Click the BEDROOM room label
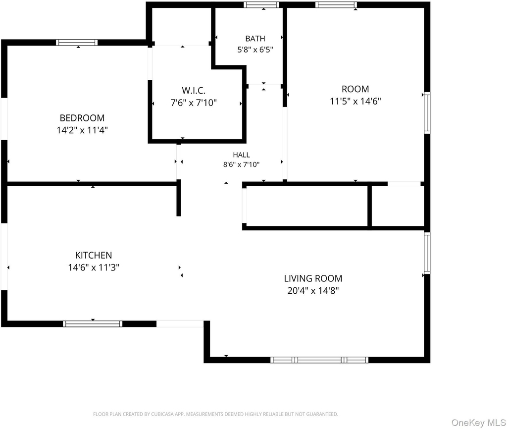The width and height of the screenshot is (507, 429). pyautogui.click(x=82, y=118)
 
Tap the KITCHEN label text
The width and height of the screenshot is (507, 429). pyautogui.click(x=94, y=255)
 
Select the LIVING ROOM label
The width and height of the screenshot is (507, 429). pyautogui.click(x=313, y=278)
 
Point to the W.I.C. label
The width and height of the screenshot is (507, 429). pyautogui.click(x=194, y=90)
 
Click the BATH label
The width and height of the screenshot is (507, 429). pyautogui.click(x=255, y=39)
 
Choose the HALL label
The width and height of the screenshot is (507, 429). pyautogui.click(x=241, y=155)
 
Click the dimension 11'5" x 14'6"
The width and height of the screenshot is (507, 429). pyautogui.click(x=355, y=101)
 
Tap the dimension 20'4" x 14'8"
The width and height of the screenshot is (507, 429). pyautogui.click(x=313, y=290)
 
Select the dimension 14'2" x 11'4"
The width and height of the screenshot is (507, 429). pyautogui.click(x=82, y=130)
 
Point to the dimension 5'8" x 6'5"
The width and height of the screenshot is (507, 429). pyautogui.click(x=255, y=50)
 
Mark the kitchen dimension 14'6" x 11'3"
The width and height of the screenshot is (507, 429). pyautogui.click(x=94, y=268)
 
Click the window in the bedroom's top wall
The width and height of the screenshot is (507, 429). pyautogui.click(x=77, y=43)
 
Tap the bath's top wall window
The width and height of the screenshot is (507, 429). pyautogui.click(x=261, y=4)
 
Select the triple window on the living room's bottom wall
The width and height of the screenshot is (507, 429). pyautogui.click(x=319, y=360)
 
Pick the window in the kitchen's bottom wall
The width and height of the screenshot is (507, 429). pyautogui.click(x=93, y=324)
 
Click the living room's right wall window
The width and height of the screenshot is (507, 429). pyautogui.click(x=427, y=253)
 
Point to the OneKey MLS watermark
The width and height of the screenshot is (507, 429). pyautogui.click(x=479, y=423)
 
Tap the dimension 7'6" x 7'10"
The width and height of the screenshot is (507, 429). pyautogui.click(x=194, y=103)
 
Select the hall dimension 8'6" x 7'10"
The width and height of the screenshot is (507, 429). pyautogui.click(x=241, y=164)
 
